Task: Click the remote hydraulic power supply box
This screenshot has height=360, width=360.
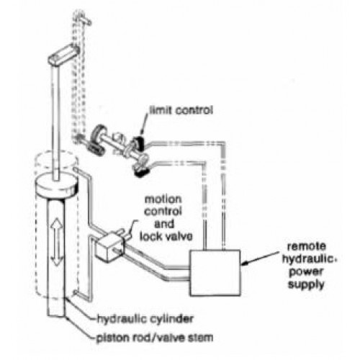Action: point(215,273)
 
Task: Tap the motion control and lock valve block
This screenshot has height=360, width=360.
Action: point(109,248)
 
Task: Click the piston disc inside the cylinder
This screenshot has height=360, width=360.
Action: point(57,184)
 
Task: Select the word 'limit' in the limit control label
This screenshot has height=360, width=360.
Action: point(161,110)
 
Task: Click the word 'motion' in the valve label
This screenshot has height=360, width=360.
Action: point(163,199)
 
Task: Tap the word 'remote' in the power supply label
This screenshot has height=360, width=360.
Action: point(307,246)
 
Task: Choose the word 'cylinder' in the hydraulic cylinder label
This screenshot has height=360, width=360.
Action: point(172,319)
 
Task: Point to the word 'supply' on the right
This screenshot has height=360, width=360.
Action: point(306,285)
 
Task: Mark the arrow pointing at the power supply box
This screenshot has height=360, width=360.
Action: point(261,258)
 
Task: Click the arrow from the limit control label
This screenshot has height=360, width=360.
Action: point(144,124)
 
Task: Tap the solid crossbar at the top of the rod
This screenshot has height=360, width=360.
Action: point(63,55)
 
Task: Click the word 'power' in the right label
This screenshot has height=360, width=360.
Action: point(307,272)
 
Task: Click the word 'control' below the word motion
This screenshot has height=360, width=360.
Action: point(163,212)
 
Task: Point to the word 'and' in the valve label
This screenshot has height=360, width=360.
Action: point(164,224)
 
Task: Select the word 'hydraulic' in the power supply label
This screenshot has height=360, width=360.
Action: point(308,259)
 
